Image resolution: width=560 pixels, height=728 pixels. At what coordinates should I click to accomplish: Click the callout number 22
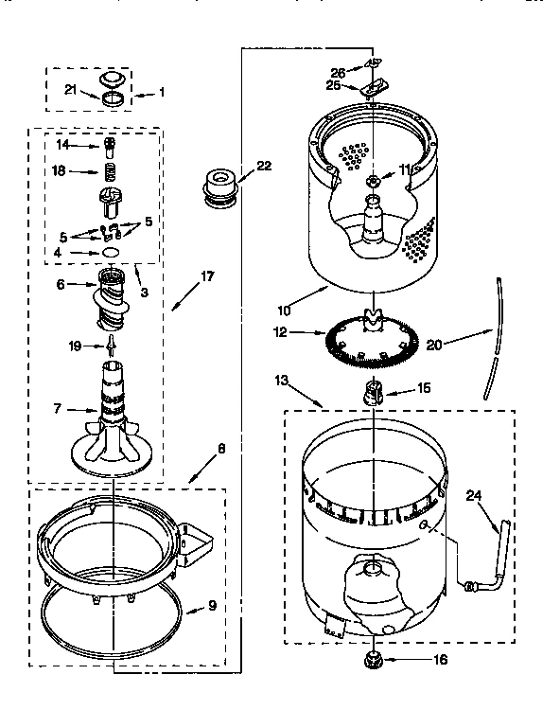tap(263, 167)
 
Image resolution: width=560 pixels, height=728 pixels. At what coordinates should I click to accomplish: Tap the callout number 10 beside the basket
tap(283, 310)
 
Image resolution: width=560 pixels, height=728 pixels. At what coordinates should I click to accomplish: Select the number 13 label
tap(281, 380)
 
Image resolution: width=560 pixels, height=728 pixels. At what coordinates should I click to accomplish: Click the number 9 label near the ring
tap(212, 606)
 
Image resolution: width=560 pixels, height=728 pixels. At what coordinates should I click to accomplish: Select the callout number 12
tap(281, 332)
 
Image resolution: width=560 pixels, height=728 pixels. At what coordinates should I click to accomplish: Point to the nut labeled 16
tap(373, 659)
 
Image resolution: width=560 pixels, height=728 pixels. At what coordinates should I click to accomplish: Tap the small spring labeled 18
tap(112, 172)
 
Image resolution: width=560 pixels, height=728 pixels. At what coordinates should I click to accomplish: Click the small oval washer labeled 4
tap(111, 253)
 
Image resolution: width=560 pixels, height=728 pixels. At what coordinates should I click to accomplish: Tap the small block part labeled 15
tap(373, 390)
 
